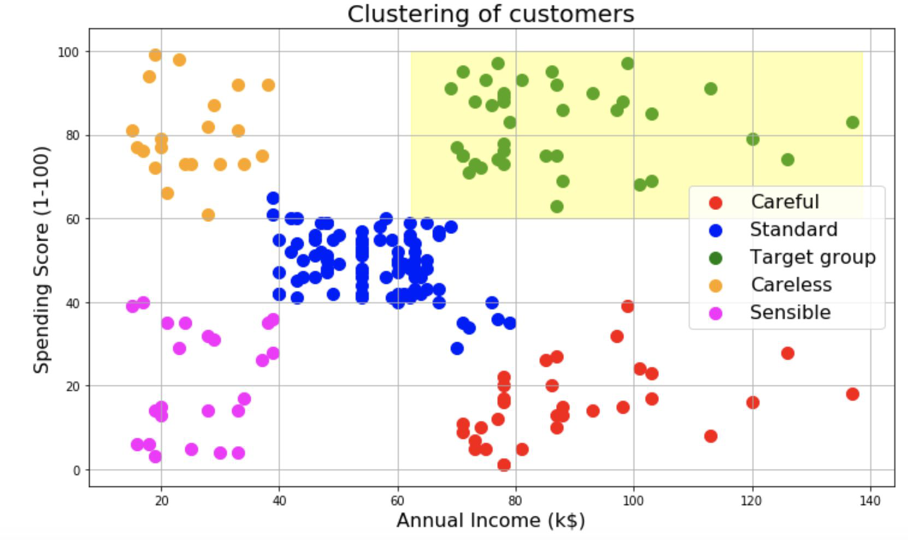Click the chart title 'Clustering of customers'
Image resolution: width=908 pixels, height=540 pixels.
point(490,14)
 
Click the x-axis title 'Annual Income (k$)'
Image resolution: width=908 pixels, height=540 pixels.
point(490,520)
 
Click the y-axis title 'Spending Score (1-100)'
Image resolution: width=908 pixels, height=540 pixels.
point(42,259)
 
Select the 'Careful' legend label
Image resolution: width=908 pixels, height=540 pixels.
point(785,202)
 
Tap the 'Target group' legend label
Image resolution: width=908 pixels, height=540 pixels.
point(812,257)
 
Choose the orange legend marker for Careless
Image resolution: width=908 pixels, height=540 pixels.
point(715,285)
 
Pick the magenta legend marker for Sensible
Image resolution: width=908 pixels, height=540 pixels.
point(715,313)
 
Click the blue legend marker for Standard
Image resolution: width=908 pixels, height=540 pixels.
point(715,230)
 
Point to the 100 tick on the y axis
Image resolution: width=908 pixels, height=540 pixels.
point(68,52)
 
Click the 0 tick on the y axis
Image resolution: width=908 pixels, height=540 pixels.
point(76,470)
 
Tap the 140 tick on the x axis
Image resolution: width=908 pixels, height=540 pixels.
point(870,501)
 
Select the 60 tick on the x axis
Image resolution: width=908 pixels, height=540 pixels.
point(398,501)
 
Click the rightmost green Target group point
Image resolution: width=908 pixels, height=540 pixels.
point(852,122)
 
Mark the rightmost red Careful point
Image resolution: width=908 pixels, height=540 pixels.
point(852,394)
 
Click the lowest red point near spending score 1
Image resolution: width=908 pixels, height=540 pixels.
point(504,465)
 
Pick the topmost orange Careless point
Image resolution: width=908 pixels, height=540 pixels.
point(155,55)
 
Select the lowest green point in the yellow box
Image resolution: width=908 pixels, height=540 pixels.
point(557,207)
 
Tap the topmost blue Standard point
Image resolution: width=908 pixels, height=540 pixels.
point(273,198)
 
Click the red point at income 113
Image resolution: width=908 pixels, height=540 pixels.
point(710,436)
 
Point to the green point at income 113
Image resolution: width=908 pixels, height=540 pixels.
point(710,89)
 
